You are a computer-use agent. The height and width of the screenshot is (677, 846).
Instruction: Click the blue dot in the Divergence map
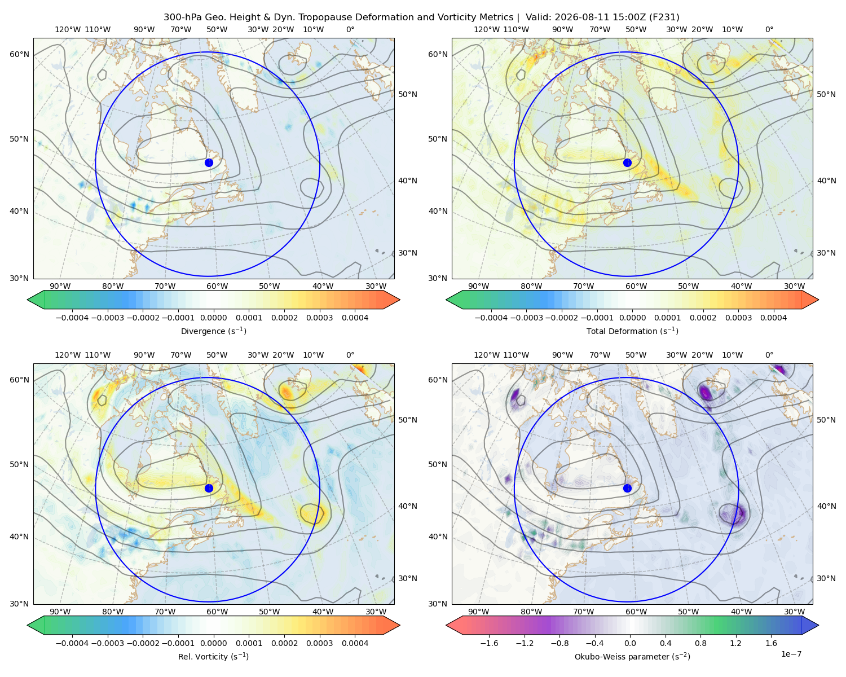209,162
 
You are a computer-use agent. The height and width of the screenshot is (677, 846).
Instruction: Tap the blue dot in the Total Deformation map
627,162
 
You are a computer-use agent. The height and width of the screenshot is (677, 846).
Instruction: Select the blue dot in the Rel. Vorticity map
209,488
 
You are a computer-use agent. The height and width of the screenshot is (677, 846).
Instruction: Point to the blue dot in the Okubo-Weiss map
627,488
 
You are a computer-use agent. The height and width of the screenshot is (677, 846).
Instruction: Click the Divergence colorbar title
213,331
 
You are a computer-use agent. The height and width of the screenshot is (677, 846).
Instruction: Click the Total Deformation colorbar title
632,331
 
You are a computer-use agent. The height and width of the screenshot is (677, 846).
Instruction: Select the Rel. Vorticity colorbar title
213,656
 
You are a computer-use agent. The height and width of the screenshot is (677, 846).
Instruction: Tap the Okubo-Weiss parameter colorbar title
632,656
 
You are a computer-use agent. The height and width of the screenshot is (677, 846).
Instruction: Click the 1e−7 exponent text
791,654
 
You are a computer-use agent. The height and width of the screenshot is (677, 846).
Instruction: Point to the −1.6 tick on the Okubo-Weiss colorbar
489,643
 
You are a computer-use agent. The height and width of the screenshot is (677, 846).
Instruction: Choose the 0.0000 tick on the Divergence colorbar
213,318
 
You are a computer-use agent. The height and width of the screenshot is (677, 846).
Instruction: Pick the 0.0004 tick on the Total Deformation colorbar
773,318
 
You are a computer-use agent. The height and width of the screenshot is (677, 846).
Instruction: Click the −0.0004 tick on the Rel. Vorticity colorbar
72,643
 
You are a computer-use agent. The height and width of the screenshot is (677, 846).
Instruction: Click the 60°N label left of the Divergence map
19,54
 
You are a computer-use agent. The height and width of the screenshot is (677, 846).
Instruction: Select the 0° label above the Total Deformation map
769,29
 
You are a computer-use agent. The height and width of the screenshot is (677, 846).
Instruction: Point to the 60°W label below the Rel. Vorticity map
217,612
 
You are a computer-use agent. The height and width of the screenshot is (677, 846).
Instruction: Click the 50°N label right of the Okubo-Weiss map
826,419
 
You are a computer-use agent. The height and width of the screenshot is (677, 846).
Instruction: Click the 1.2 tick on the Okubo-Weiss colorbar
735,643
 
